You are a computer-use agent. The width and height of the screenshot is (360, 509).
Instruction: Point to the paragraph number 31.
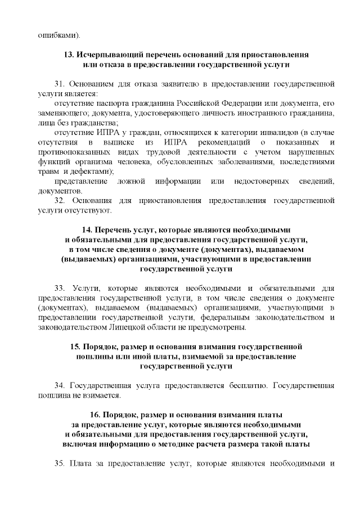pyautogui.click(x=60, y=84)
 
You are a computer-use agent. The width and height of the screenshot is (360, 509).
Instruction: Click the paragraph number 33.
pyautogui.click(x=60, y=287)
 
